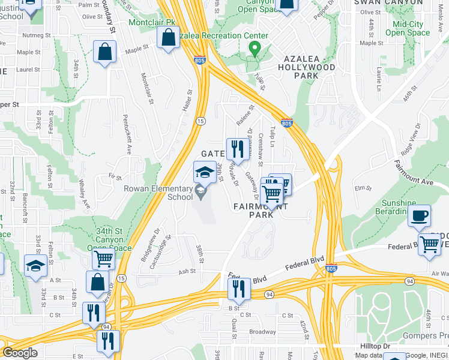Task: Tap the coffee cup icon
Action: pyautogui.click(x=419, y=215)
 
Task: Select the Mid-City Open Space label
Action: pyautogui.click(x=411, y=28)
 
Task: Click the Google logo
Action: pyautogui.click(x=19, y=353)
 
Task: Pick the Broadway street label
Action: pyautogui.click(x=262, y=331)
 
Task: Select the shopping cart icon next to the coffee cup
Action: pyautogui.click(x=429, y=245)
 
